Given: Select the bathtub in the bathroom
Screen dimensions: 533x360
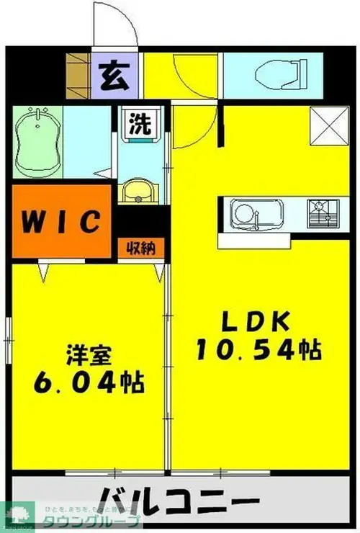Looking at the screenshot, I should tap(37, 141).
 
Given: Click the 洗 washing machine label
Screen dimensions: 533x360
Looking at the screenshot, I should tap(140, 124).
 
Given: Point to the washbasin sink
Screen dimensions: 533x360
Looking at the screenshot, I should tap(138, 192).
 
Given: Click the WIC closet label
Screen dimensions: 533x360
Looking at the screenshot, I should tap(62, 221).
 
